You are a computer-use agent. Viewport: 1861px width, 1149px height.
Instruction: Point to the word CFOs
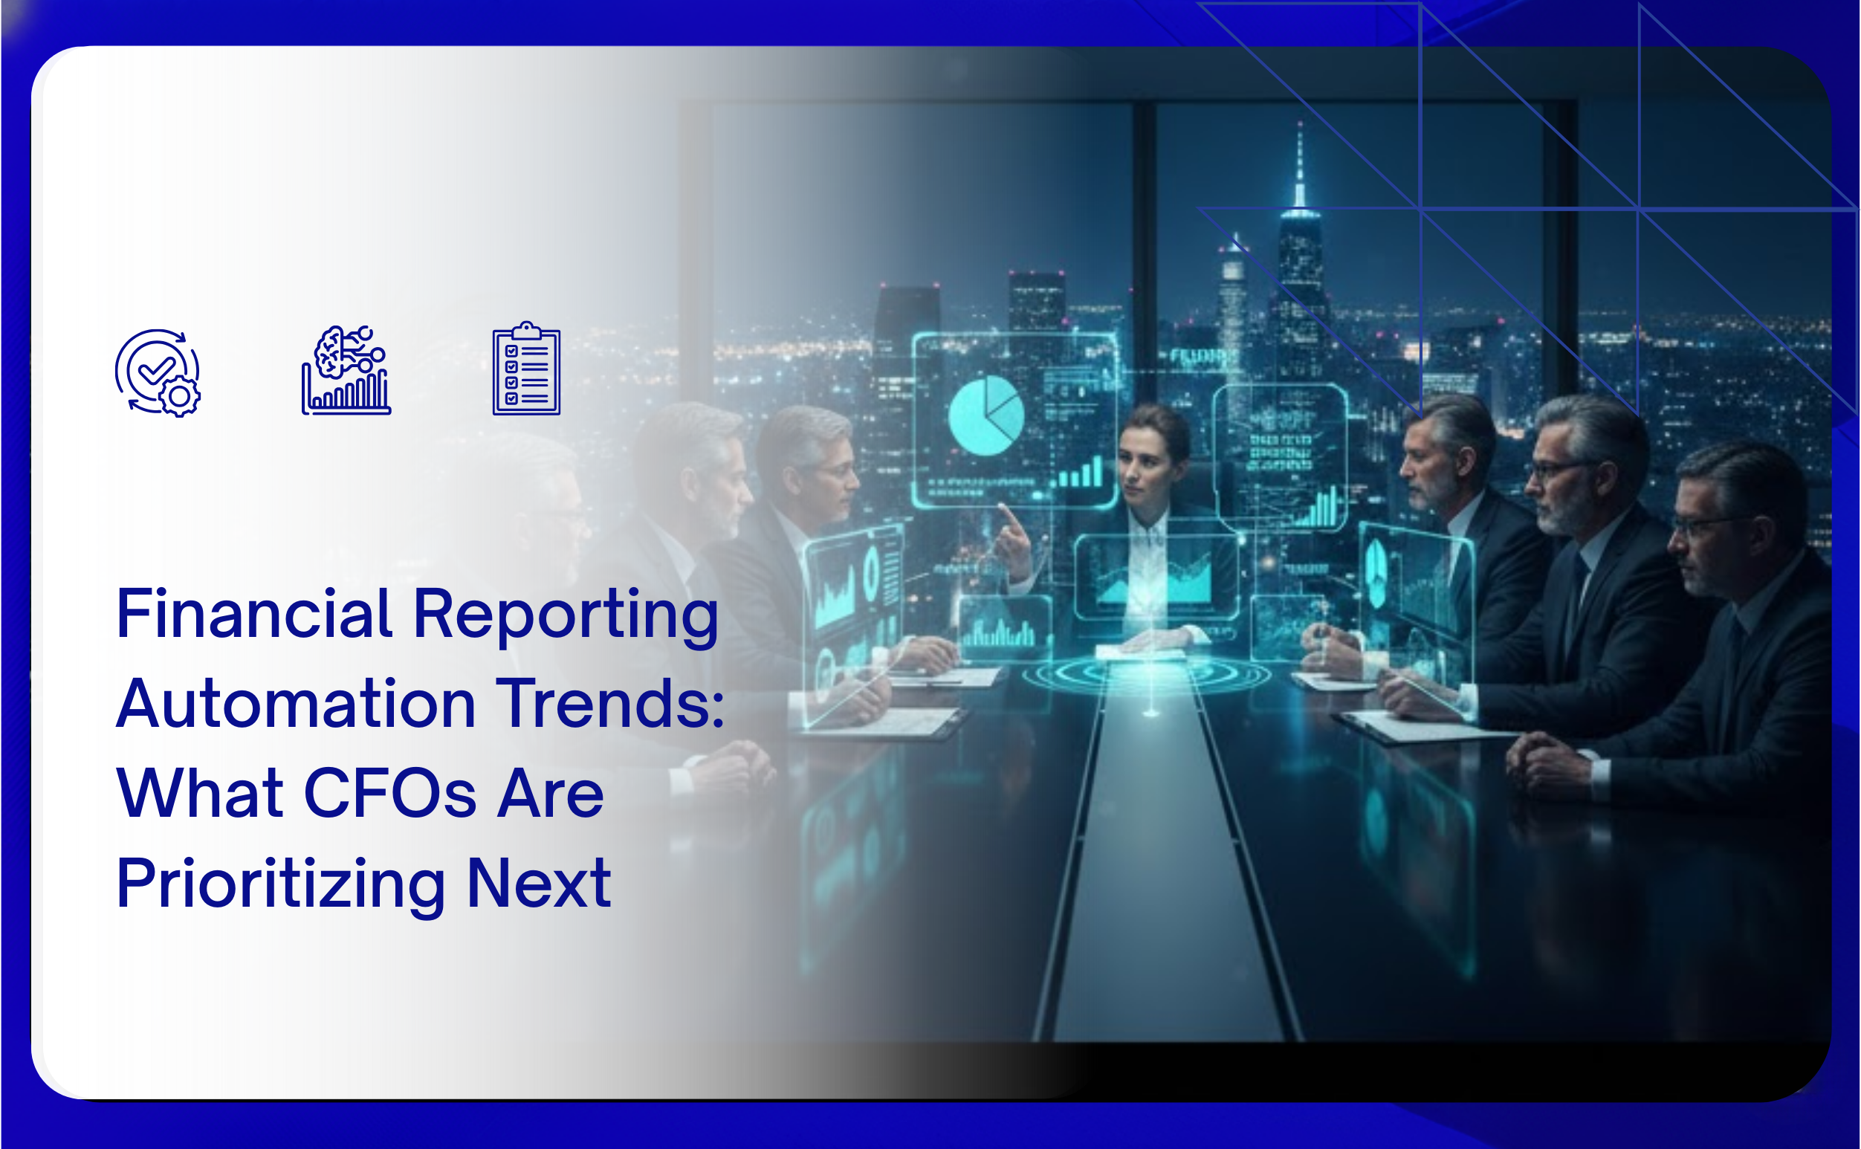389,793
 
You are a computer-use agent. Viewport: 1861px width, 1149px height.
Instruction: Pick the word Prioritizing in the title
280,886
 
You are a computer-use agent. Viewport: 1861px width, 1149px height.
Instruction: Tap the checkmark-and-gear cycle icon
158,372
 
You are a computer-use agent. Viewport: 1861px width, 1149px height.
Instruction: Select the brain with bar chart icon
346,371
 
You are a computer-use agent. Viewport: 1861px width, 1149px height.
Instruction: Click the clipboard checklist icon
527,369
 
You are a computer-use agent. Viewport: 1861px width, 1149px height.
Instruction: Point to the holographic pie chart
986,415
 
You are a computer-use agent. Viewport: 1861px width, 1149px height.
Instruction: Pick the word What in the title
200,793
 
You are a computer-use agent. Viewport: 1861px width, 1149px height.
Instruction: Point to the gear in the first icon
180,396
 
